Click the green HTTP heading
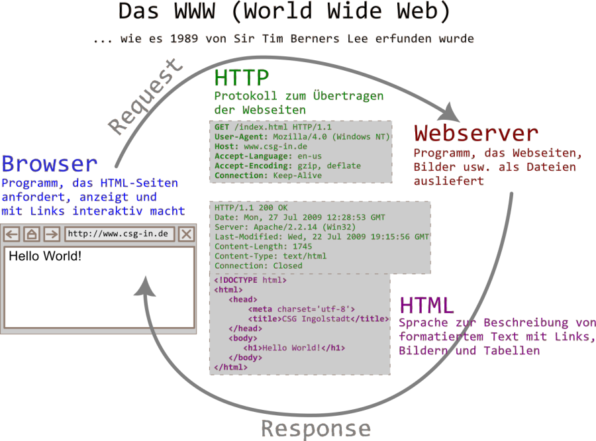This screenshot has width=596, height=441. [x=241, y=78]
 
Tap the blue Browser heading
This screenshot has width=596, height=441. [x=50, y=164]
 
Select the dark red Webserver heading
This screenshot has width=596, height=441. [x=475, y=134]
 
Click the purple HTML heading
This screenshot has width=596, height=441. [x=427, y=305]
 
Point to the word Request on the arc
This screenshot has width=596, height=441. [x=146, y=97]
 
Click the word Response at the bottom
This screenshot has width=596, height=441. [x=315, y=428]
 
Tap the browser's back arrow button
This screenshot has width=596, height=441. [x=13, y=234]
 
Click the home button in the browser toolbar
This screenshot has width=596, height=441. [x=32, y=234]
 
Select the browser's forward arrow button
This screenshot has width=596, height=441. [x=51, y=234]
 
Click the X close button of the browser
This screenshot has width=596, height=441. [x=186, y=234]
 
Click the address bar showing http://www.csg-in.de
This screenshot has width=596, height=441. [x=119, y=234]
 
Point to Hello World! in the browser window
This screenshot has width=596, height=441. [x=45, y=256]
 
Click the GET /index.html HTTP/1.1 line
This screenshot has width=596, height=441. [x=273, y=126]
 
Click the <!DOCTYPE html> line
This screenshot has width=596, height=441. [x=250, y=280]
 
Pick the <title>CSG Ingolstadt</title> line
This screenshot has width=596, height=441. [x=318, y=318]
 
